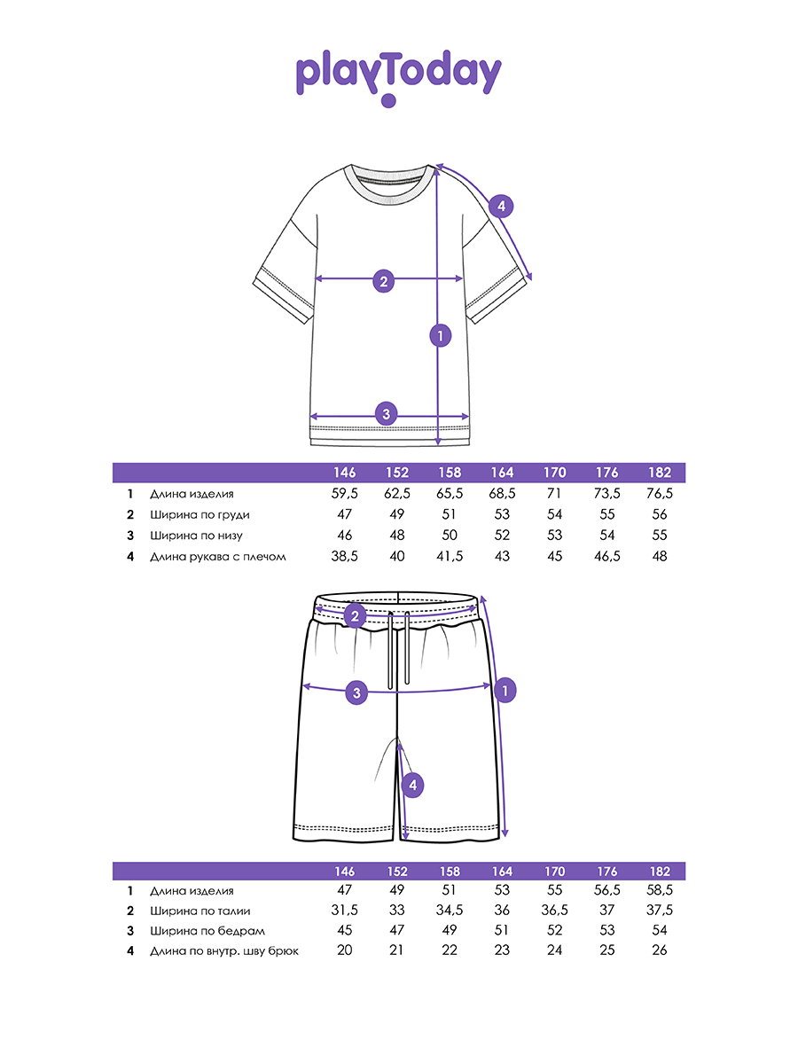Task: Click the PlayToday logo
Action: (398, 76)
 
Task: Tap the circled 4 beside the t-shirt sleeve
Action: (501, 207)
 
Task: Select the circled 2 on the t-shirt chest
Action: (383, 282)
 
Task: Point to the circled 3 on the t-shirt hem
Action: (385, 413)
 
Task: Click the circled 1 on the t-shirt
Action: (439, 335)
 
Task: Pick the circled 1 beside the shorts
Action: (505, 689)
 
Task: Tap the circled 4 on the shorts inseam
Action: (411, 785)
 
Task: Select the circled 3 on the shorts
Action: (356, 692)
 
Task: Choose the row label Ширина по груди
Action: (193, 515)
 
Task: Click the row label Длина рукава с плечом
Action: (218, 557)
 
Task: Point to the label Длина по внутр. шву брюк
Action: (224, 951)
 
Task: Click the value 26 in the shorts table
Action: (659, 951)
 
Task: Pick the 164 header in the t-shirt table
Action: (502, 473)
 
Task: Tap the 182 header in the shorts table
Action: (659, 872)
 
